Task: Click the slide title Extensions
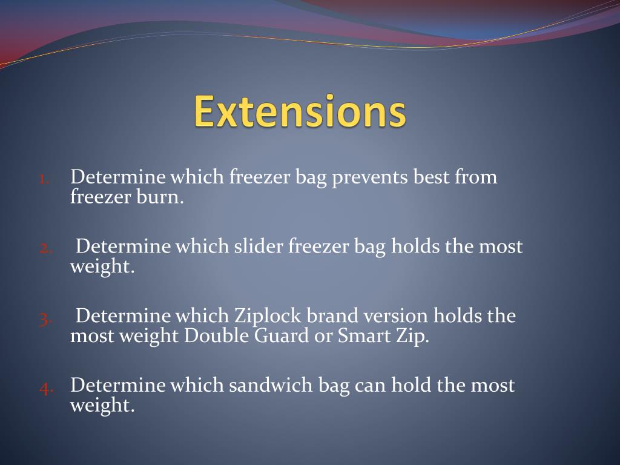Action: (300, 111)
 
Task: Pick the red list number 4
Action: (47, 387)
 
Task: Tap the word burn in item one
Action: (163, 197)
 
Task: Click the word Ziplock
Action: (268, 317)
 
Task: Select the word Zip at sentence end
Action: (414, 336)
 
